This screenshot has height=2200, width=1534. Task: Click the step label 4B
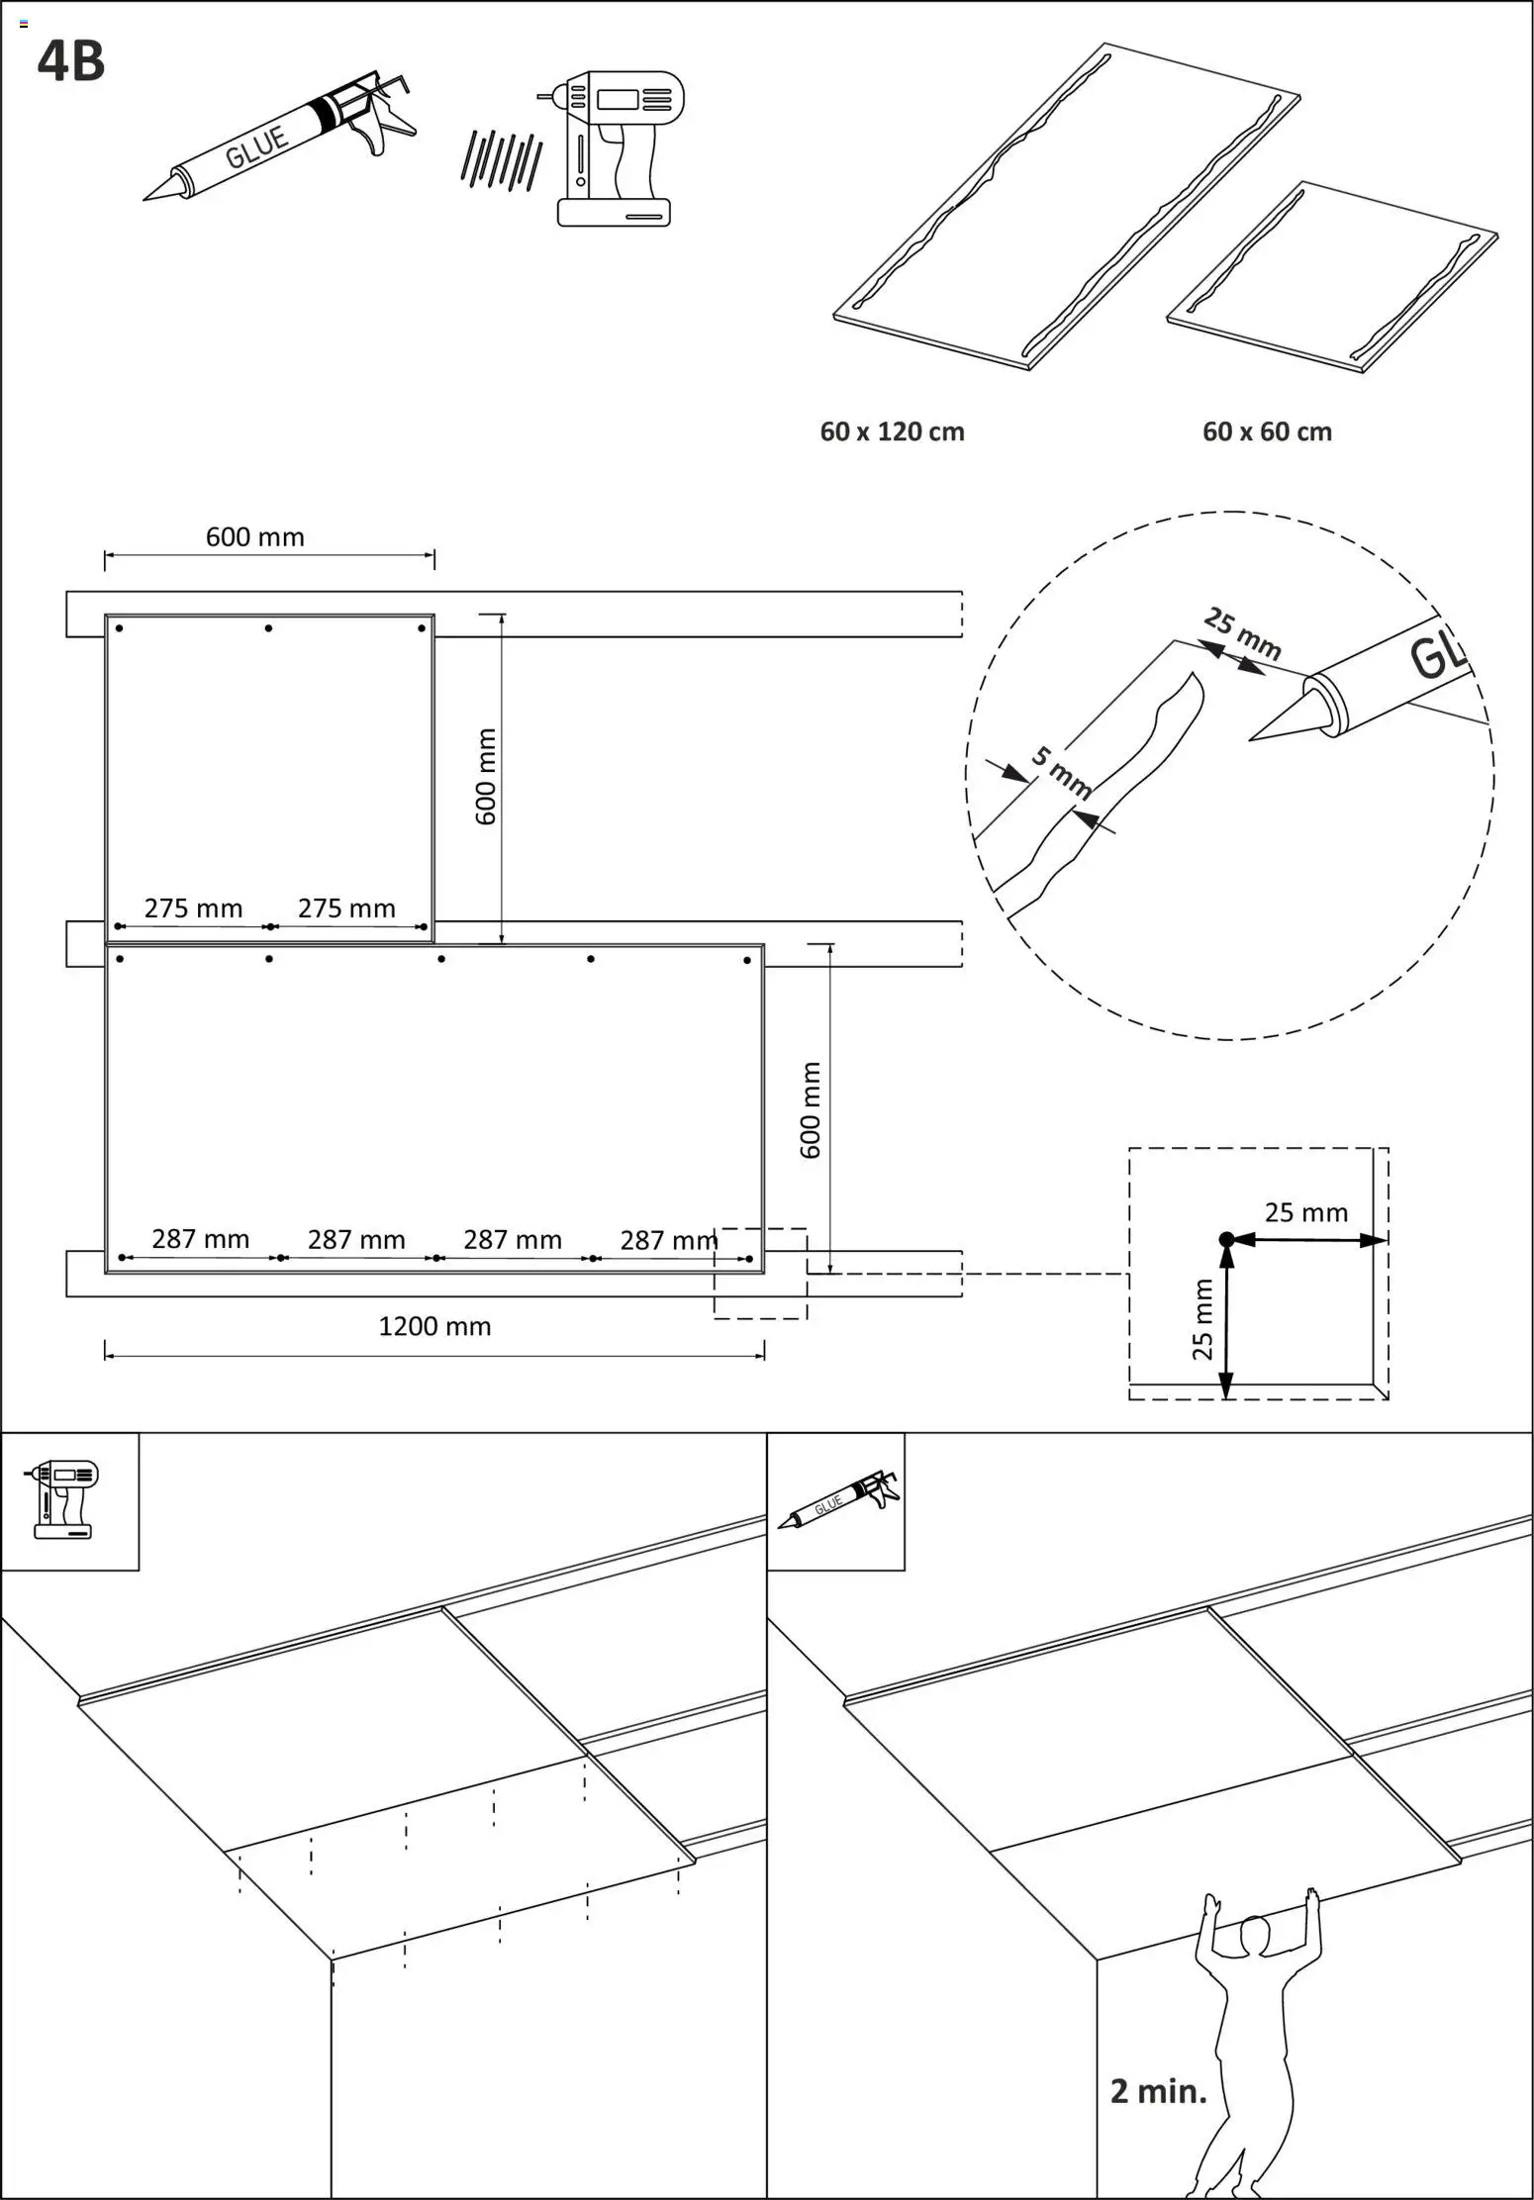click(70, 61)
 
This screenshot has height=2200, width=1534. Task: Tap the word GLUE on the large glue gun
click(256, 147)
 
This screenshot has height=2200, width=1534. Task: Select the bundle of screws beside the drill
click(501, 159)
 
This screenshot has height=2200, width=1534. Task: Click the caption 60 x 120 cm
click(892, 431)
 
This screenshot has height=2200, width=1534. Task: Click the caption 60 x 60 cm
click(1267, 431)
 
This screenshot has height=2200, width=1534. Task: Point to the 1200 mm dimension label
click(434, 1326)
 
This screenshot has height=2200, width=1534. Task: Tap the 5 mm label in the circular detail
click(1062, 773)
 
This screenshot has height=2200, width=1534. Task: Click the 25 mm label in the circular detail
click(1243, 634)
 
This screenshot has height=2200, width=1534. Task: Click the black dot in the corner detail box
click(1226, 1239)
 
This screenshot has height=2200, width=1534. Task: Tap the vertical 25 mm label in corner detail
click(1202, 1319)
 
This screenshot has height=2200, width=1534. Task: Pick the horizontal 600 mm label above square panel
click(254, 537)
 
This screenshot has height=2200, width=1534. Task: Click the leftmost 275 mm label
click(193, 908)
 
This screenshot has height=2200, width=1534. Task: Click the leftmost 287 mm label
click(200, 1238)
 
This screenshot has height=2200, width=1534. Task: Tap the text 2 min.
click(1158, 2091)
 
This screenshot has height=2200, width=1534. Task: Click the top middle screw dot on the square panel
click(268, 628)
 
